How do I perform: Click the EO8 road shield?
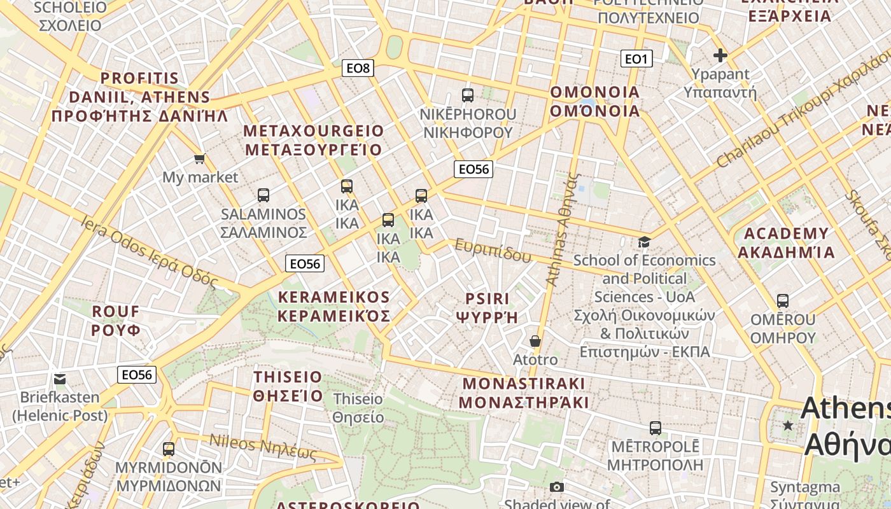[x=357, y=67]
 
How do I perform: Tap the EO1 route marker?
[x=636, y=59]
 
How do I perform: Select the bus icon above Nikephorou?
[x=468, y=95]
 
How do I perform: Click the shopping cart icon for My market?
[x=200, y=158]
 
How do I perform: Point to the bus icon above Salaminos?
[x=263, y=195]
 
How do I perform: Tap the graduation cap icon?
[x=644, y=242]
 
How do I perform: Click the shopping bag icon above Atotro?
[x=535, y=342]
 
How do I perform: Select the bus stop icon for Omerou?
[x=783, y=300]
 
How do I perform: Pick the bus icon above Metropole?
[x=655, y=428]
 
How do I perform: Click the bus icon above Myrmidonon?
[x=169, y=449]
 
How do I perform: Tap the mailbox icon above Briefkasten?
[x=60, y=379]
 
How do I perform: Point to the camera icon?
[x=557, y=487]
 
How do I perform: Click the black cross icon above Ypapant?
[x=720, y=56]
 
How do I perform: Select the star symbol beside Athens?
[x=789, y=425]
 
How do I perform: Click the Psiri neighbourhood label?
[x=488, y=308]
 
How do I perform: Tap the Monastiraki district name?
[x=523, y=393]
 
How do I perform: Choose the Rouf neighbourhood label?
[x=116, y=321]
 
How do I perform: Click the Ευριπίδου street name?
[x=493, y=251]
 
